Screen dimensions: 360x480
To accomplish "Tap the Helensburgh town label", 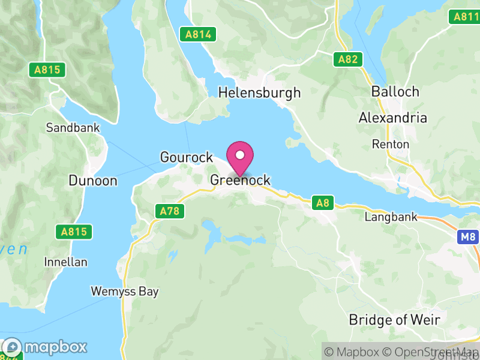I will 259,93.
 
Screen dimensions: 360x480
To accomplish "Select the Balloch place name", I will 395,92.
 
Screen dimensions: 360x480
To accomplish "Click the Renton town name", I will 391,144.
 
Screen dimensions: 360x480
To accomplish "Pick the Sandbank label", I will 73,128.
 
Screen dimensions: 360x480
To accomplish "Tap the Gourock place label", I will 187,157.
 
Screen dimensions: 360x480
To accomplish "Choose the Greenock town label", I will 240,180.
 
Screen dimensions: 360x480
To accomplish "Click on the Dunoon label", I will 93,180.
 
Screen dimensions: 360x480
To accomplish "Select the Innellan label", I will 66,262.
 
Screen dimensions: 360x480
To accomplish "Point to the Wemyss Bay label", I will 125,292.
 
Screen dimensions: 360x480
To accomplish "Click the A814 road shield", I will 198,34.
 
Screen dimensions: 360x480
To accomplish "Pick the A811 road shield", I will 466,17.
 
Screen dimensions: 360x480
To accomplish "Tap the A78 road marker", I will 170,211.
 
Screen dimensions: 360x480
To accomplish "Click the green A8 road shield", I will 323,203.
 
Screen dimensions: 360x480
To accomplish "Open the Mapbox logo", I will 46,347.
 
